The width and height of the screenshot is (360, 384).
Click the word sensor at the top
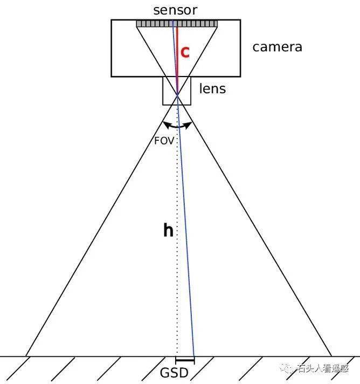175,10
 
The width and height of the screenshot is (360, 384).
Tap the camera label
278,47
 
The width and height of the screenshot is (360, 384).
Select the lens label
212,88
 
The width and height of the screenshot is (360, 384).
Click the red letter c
185,52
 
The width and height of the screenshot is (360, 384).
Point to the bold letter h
168,230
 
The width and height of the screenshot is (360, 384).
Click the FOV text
164,141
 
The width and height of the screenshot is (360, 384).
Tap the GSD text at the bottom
174,373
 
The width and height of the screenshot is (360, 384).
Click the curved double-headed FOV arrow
177,125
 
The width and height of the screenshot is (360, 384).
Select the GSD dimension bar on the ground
185,360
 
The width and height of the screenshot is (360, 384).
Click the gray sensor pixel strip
177,24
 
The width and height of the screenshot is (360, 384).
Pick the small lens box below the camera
177,91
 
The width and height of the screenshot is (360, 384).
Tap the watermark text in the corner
323,368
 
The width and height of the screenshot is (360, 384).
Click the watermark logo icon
286,368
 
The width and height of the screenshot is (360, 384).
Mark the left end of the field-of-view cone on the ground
26,356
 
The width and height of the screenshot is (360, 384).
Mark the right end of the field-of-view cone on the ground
331,356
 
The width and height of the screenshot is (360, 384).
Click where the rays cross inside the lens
177,94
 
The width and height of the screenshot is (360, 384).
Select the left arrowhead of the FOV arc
166,125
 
